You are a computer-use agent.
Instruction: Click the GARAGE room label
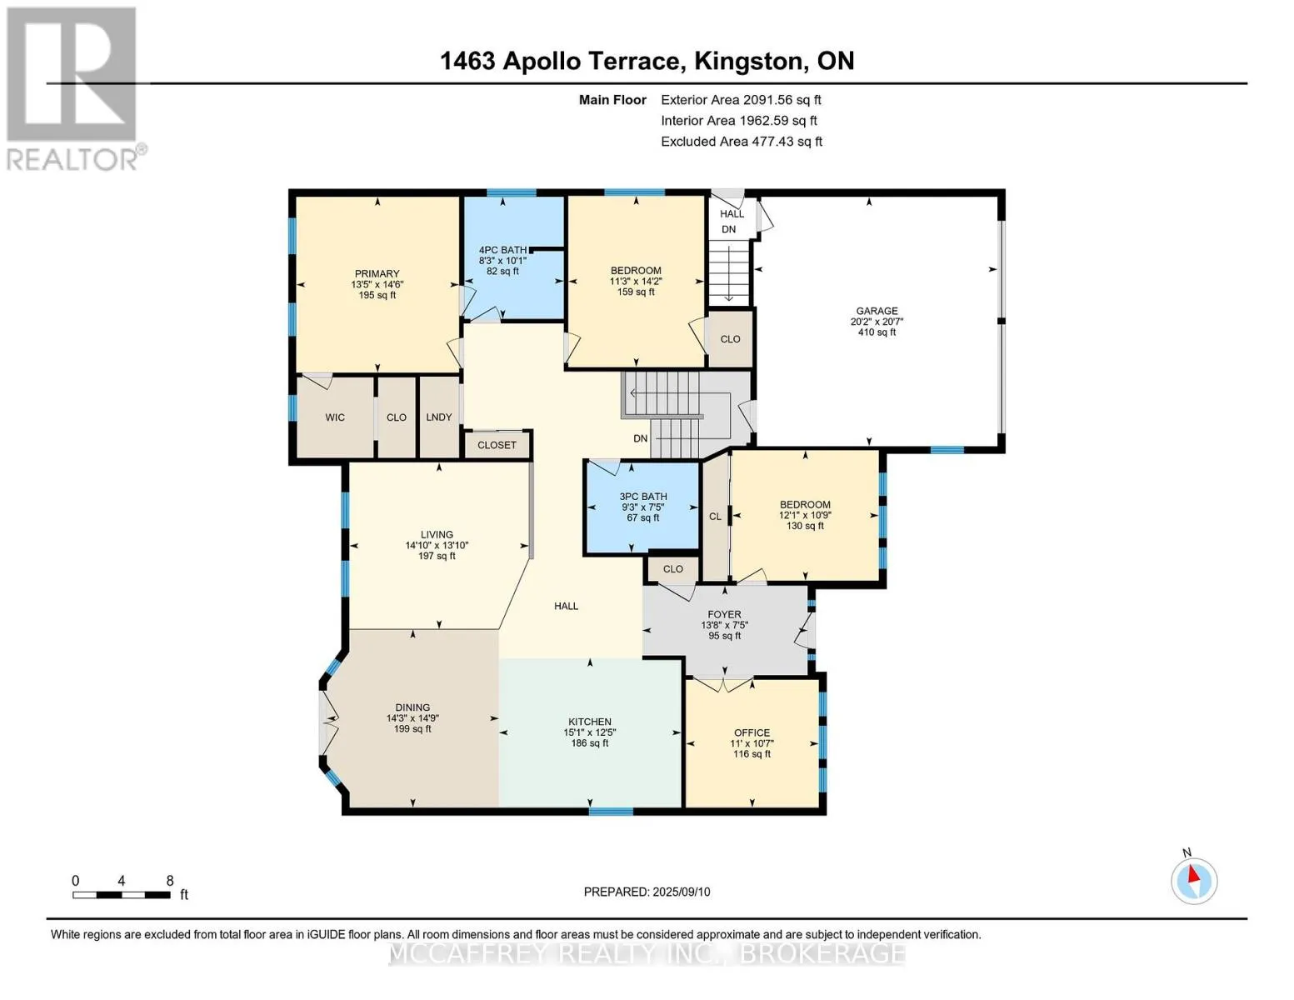pyautogui.click(x=877, y=311)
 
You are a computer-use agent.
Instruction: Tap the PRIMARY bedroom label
pyautogui.click(x=377, y=274)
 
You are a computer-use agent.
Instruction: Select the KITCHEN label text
pyautogui.click(x=590, y=722)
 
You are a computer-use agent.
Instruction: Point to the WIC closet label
pyautogui.click(x=335, y=417)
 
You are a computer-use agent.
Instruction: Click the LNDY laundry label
pyautogui.click(x=439, y=417)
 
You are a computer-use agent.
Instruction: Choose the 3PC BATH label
pyautogui.click(x=643, y=497)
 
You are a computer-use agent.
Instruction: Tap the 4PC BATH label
pyautogui.click(x=502, y=250)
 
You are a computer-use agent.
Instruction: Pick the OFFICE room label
pyautogui.click(x=752, y=732)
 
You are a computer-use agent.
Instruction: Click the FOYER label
pyautogui.click(x=724, y=614)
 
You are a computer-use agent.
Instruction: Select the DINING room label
pyautogui.click(x=412, y=707)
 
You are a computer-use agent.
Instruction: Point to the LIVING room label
pyautogui.click(x=437, y=535)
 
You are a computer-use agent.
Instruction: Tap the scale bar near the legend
pyautogui.click(x=122, y=894)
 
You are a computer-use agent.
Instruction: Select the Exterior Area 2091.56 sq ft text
pyautogui.click(x=741, y=100)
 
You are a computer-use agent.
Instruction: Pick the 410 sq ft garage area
pyautogui.click(x=877, y=332)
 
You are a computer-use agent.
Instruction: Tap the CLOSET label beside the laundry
pyautogui.click(x=497, y=446)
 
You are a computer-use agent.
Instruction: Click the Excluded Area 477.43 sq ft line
pyautogui.click(x=742, y=142)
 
